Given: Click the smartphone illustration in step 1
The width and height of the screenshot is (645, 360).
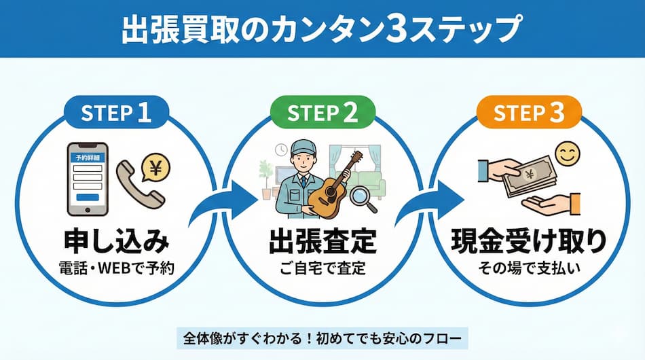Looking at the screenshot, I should (88, 179).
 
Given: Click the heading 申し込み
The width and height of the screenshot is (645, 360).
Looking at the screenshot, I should (115, 242).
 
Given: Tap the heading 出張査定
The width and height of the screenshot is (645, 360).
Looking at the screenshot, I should (322, 242).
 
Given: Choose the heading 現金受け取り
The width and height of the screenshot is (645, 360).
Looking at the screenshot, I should (529, 242).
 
